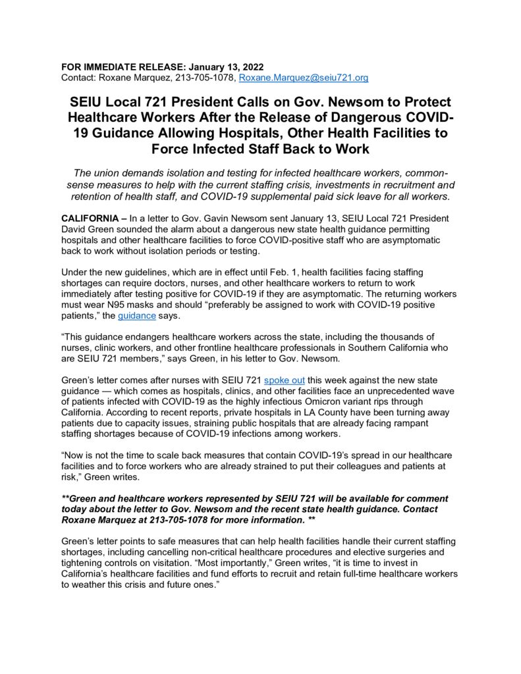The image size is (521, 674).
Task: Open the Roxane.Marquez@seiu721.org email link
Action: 303,78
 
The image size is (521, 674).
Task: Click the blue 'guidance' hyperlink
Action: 137,316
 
